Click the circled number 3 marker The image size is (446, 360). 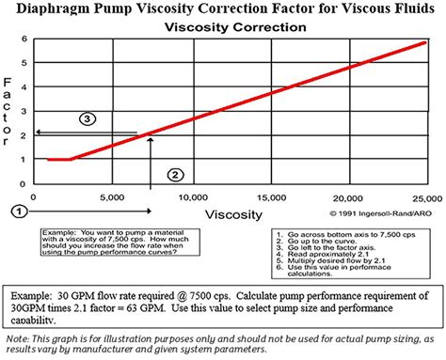[87, 119]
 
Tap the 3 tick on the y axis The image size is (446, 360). [24, 110]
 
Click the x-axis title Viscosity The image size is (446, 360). [235, 214]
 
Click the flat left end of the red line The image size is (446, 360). [49, 160]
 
